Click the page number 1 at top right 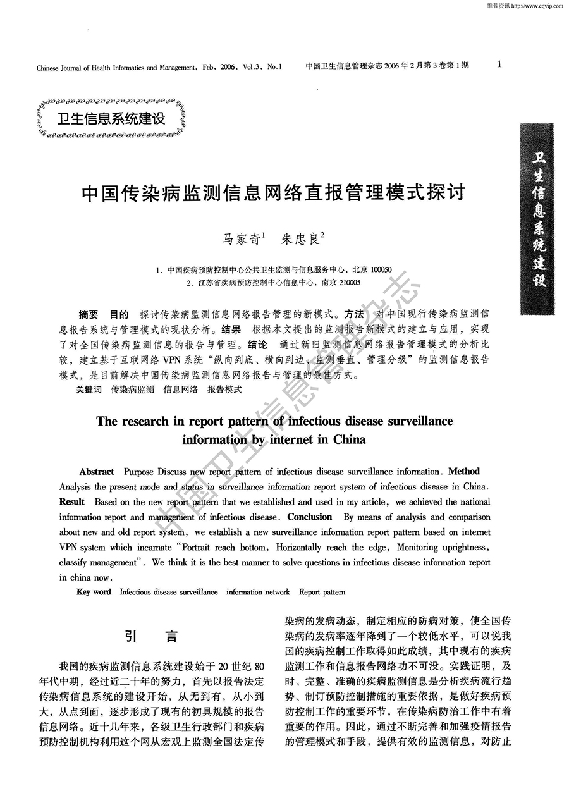tap(499, 64)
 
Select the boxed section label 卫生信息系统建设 tap(111, 118)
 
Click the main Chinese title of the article tap(274, 192)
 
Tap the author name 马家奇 tap(241, 239)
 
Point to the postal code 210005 tap(349, 283)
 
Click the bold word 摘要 tap(89, 314)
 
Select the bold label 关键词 tap(89, 390)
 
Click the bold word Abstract tap(97, 472)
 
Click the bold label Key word tap(93, 592)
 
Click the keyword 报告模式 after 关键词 tap(224, 390)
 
